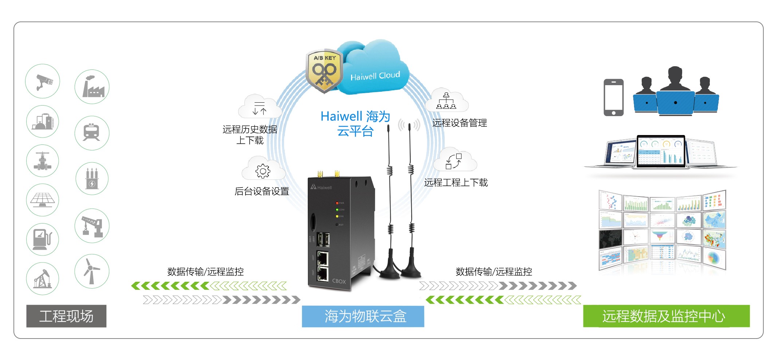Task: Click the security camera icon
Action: (43, 82)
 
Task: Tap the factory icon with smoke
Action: (92, 87)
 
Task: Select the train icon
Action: (92, 133)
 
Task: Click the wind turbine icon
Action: (91, 272)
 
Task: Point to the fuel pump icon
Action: (42, 239)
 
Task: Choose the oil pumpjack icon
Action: (42, 279)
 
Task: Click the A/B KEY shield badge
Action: (324, 71)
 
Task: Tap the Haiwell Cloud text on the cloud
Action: (375, 76)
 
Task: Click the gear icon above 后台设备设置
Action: (263, 171)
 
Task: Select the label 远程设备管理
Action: (460, 123)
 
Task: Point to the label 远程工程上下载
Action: (456, 183)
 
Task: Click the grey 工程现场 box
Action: (66, 316)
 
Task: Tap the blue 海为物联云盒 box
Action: (363, 316)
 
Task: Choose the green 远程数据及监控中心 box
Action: (666, 316)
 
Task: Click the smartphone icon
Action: (614, 98)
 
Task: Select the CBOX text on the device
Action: (339, 281)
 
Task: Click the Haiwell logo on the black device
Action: (321, 187)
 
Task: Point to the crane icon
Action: (92, 226)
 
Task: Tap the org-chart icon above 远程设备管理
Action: (446, 101)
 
